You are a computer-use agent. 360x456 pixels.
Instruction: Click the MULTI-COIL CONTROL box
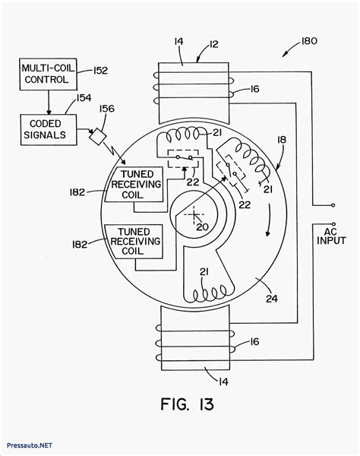click(x=49, y=74)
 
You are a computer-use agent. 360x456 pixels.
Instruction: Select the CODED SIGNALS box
click(x=49, y=130)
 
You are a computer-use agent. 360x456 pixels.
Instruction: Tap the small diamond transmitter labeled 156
click(x=98, y=136)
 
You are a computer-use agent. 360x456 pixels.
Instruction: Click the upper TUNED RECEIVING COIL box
click(x=134, y=185)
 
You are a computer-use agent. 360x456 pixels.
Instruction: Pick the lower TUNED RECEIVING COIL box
click(x=134, y=242)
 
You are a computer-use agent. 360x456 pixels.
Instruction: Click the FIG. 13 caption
click(x=188, y=404)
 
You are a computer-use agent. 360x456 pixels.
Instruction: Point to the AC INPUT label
click(x=331, y=236)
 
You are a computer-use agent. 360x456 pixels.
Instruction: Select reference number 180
click(x=308, y=41)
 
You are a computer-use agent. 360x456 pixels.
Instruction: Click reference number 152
click(x=100, y=71)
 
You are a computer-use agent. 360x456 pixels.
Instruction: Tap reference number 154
click(x=84, y=98)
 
